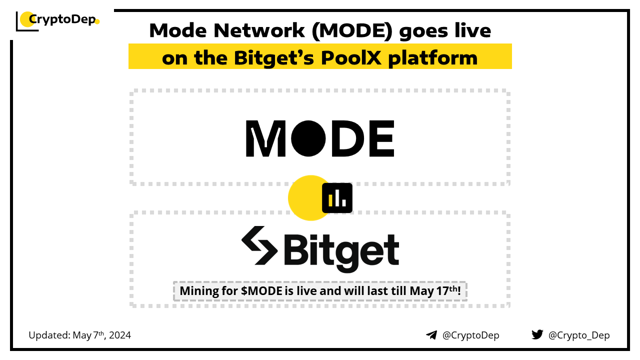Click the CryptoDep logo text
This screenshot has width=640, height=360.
[x=62, y=19]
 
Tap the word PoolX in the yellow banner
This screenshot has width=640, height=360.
[x=351, y=58]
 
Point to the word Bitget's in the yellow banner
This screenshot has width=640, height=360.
[x=274, y=58]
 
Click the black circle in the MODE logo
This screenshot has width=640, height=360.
[x=308, y=138]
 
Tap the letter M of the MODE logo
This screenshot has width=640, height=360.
[x=265, y=138]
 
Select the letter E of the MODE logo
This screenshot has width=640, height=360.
[x=382, y=138]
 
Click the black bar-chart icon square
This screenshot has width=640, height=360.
[x=337, y=198]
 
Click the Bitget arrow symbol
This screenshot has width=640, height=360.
[x=259, y=245]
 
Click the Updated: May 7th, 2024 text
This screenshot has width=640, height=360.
[x=79, y=335]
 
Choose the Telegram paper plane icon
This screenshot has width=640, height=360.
[x=431, y=335]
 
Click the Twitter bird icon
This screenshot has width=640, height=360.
[x=537, y=334]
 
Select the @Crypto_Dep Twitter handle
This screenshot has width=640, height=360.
[x=579, y=335]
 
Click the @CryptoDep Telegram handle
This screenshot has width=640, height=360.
[x=471, y=335]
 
